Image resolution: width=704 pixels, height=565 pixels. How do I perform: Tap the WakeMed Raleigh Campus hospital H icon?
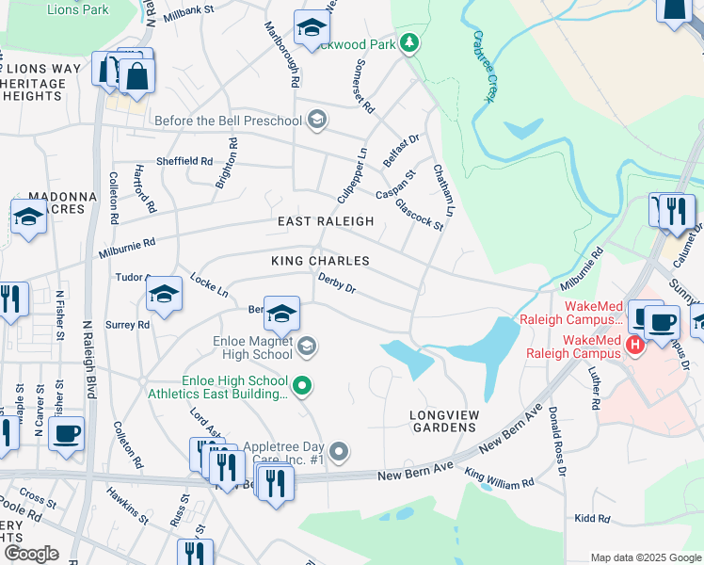pyautogui.click(x=635, y=346)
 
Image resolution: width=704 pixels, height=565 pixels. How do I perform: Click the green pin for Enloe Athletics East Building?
pyautogui.click(x=302, y=384)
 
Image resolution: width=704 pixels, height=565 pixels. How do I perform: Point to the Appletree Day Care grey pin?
pyautogui.click(x=340, y=453)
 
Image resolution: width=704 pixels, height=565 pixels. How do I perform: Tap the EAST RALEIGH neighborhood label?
pyautogui.click(x=326, y=221)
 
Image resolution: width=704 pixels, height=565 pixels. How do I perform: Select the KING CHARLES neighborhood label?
pyautogui.click(x=320, y=260)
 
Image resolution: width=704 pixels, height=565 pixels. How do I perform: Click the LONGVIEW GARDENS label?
pyautogui.click(x=442, y=421)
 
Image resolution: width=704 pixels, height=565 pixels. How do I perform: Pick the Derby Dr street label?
pyautogui.click(x=337, y=282)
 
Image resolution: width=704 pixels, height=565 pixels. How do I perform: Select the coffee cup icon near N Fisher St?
pyautogui.click(x=66, y=434)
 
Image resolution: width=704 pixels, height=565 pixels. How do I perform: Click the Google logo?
pyautogui.click(x=31, y=554)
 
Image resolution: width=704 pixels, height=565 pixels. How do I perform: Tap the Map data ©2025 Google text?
pyautogui.click(x=645, y=557)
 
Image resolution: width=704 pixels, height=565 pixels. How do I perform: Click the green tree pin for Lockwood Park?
pyautogui.click(x=408, y=42)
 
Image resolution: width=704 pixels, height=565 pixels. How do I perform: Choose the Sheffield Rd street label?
pyautogui.click(x=184, y=161)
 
